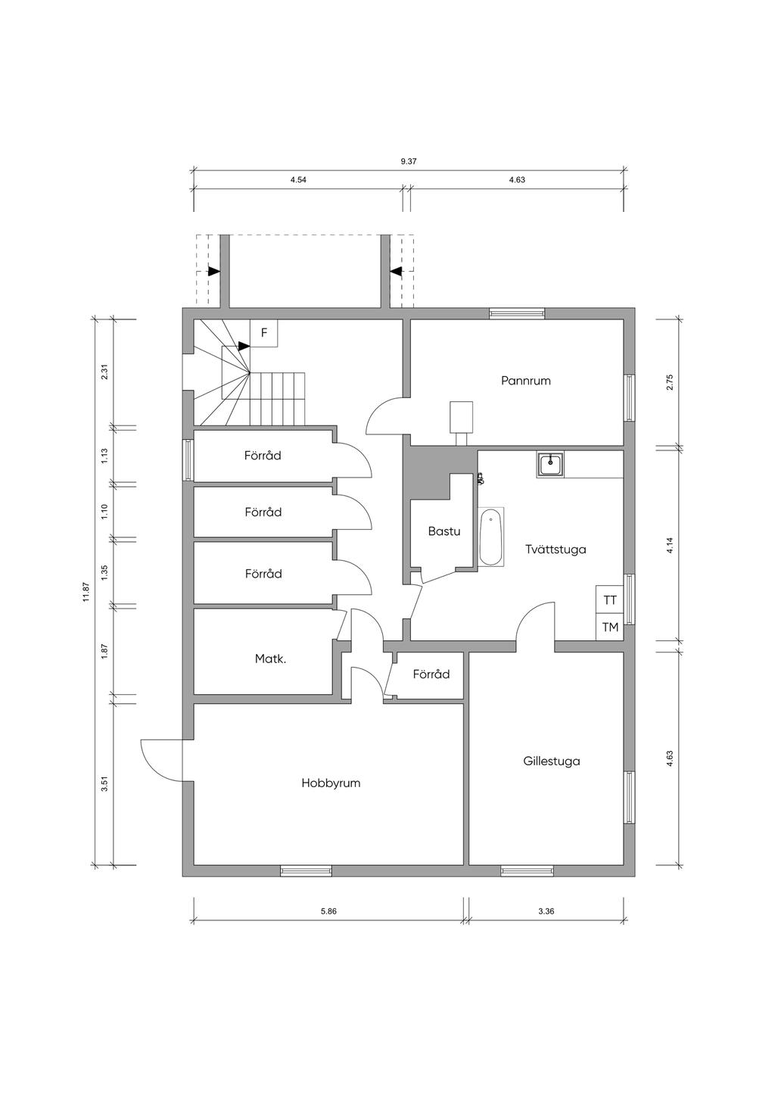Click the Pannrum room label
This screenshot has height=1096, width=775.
[x=525, y=381]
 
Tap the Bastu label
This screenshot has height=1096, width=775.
[x=444, y=531]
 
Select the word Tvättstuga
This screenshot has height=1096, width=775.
[x=556, y=550]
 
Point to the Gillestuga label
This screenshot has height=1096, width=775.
[x=552, y=761]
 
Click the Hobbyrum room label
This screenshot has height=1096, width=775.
[x=331, y=783]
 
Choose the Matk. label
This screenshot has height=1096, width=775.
[x=270, y=659]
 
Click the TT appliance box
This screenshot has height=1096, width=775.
[x=609, y=600]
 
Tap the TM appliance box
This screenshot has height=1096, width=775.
[x=609, y=627]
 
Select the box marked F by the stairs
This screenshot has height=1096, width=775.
[x=263, y=333]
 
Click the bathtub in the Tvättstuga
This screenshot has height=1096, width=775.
[x=490, y=537]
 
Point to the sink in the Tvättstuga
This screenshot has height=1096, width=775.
[x=550, y=464]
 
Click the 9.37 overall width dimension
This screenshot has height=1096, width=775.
[x=409, y=161]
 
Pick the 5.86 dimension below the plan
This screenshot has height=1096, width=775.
[x=328, y=911]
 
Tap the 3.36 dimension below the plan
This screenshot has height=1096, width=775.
[x=546, y=911]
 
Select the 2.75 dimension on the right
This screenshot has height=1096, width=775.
[x=671, y=381]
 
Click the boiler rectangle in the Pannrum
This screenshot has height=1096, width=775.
[x=462, y=417]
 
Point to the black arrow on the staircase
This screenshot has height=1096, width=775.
[x=244, y=346]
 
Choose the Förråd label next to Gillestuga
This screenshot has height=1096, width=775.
[x=431, y=674]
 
